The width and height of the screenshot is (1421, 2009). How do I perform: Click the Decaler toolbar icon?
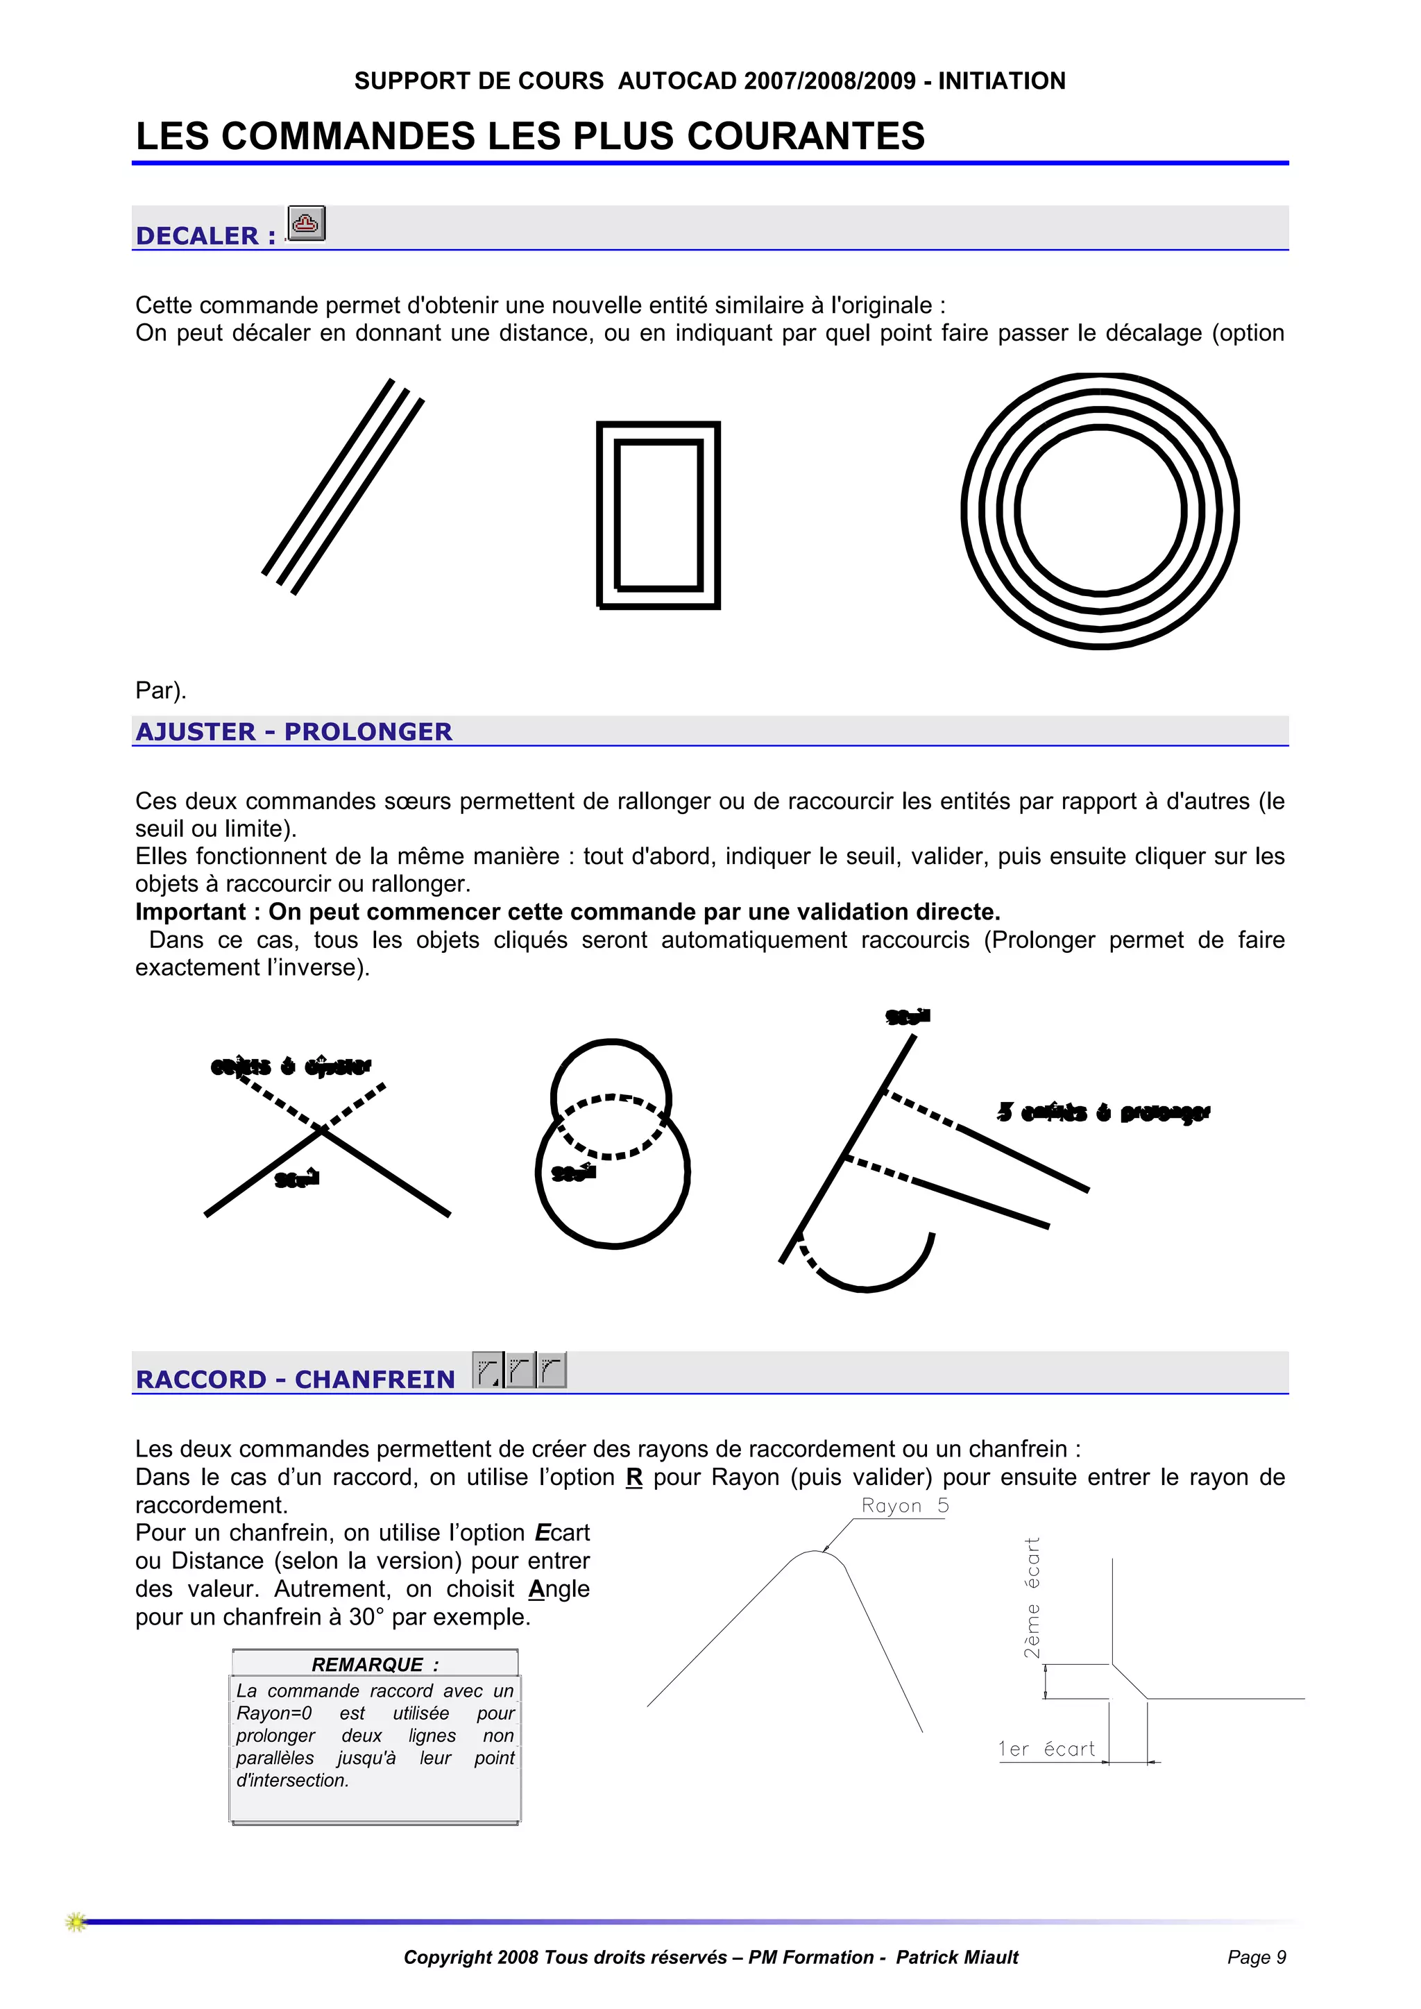tap(306, 223)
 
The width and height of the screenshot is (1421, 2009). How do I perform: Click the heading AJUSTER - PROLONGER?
tap(294, 731)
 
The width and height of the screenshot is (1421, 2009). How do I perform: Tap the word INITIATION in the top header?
tap(1002, 81)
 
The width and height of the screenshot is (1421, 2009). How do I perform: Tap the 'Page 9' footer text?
tap(1256, 1958)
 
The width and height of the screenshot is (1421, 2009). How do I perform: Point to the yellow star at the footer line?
tap(76, 1922)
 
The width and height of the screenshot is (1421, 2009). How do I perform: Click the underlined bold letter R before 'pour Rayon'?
tap(634, 1478)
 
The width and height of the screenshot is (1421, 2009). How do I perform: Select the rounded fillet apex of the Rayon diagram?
tap(815, 1552)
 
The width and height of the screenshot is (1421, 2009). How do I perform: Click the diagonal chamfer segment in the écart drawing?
tap(1130, 1681)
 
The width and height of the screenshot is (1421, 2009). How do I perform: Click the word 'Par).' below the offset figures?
tap(161, 690)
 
